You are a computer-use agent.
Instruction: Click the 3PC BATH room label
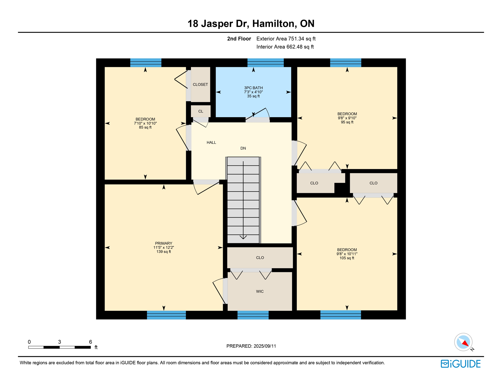(253, 88)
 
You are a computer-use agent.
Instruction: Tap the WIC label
(260, 292)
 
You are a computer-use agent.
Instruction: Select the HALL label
(211, 142)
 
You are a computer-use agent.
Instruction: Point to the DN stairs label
(243, 148)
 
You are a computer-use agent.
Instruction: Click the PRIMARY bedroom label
(164, 244)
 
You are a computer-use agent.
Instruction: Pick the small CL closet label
(201, 111)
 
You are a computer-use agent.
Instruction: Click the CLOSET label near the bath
(200, 85)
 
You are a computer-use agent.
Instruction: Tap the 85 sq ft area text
(145, 127)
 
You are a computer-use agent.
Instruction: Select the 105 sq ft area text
(347, 258)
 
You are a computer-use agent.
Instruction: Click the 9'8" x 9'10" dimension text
(347, 118)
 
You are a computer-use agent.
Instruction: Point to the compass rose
(463, 342)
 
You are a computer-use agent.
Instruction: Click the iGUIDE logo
(461, 364)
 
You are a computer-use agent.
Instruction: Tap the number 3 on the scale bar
(60, 342)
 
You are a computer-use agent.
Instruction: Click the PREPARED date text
(251, 346)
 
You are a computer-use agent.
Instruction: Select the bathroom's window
(266, 63)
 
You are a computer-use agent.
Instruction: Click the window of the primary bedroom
(166, 315)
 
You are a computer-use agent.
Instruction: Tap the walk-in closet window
(253, 315)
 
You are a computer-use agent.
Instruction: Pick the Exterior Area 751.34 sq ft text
(286, 39)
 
